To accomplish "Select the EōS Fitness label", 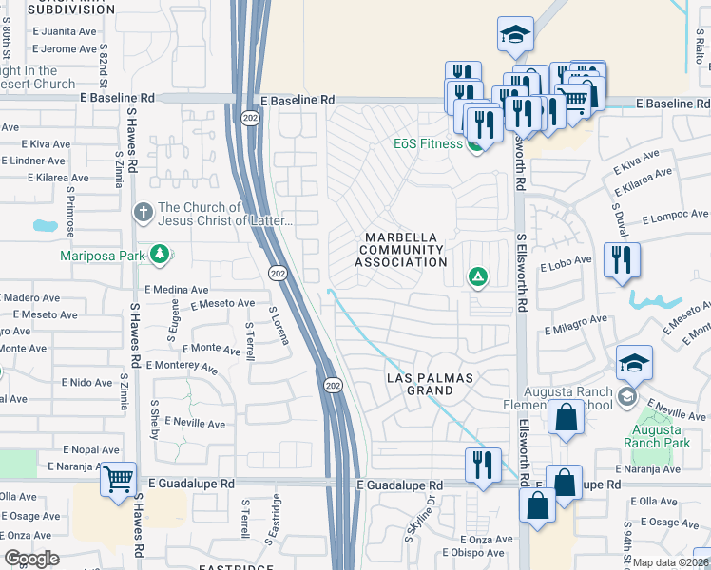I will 428,144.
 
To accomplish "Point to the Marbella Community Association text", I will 402,249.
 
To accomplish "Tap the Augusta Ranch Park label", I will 662,434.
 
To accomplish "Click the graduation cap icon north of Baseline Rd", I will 515,34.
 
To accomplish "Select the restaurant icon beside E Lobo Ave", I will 622,260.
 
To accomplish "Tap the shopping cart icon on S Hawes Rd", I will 118,479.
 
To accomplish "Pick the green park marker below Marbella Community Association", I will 477,277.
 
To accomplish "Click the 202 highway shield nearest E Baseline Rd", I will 250,118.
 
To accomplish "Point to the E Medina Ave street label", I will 176,289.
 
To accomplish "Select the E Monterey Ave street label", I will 184,365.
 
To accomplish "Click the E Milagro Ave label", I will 576,325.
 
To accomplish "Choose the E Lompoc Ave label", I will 676,217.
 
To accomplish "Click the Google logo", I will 30,559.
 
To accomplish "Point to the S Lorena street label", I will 279,325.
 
